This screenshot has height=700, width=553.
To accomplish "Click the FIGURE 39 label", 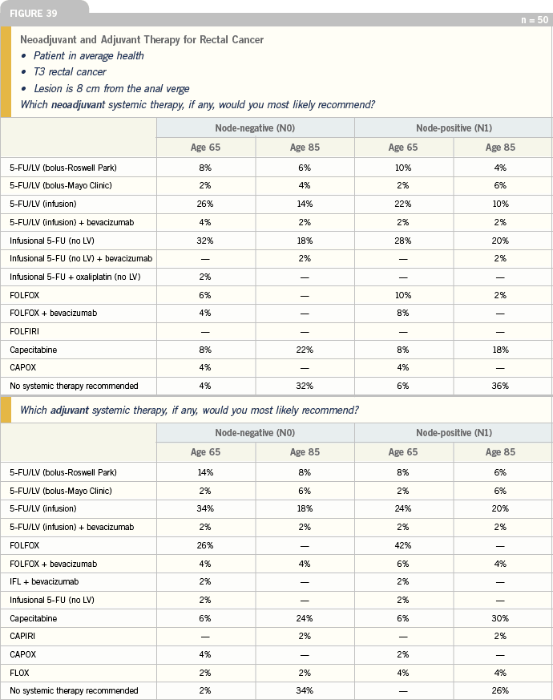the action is point(34,14).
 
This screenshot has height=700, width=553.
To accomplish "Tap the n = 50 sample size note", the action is point(535,19).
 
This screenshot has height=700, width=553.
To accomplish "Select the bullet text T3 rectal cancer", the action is point(70,72).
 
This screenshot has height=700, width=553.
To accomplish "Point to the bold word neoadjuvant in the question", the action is point(78,104).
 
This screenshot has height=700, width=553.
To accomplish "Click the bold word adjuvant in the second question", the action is point(70,410).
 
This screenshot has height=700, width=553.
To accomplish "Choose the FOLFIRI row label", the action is point(24,331).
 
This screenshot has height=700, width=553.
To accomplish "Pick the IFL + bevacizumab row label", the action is point(44,581).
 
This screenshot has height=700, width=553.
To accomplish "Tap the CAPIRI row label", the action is point(22,636).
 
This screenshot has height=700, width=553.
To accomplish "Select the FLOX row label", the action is point(19,673).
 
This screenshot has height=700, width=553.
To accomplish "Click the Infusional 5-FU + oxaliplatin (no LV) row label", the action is point(75,277).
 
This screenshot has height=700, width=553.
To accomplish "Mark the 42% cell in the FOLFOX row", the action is point(403,545).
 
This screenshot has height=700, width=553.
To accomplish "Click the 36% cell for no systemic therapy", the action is point(500,386).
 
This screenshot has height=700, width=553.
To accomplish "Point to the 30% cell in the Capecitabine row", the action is point(500,618).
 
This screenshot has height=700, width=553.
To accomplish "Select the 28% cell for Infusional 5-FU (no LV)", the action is point(403,241).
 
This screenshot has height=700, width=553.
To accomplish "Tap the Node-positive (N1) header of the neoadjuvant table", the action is point(454,128).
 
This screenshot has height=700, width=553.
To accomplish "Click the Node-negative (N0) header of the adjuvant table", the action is point(255,433).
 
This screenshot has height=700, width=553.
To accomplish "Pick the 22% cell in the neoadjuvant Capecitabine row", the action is point(305,350).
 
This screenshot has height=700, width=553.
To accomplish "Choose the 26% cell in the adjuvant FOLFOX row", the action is point(205,545).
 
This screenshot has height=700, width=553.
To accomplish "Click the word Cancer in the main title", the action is point(248,40).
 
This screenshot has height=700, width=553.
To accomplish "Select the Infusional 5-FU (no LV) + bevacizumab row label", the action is point(81,258).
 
